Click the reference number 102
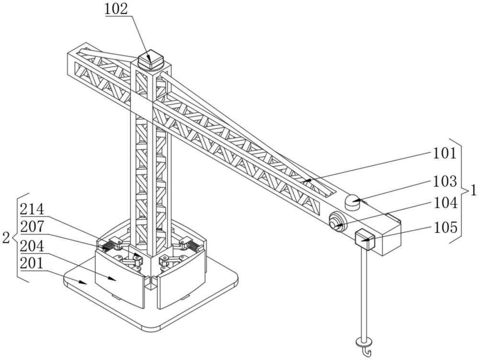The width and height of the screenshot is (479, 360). coord(116,9)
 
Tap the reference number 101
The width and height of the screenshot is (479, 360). coord(445,153)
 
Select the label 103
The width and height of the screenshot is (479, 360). coord(445,181)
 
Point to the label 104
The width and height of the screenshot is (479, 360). coord(445,203)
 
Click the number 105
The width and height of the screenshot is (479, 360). coord(445,227)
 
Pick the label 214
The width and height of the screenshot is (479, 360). coord(32,210)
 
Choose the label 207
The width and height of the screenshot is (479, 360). coord(32,227)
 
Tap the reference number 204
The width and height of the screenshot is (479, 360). coord(32,246)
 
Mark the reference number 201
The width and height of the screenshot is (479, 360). coord(32,263)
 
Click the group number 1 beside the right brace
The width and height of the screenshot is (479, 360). coord(473,191)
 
